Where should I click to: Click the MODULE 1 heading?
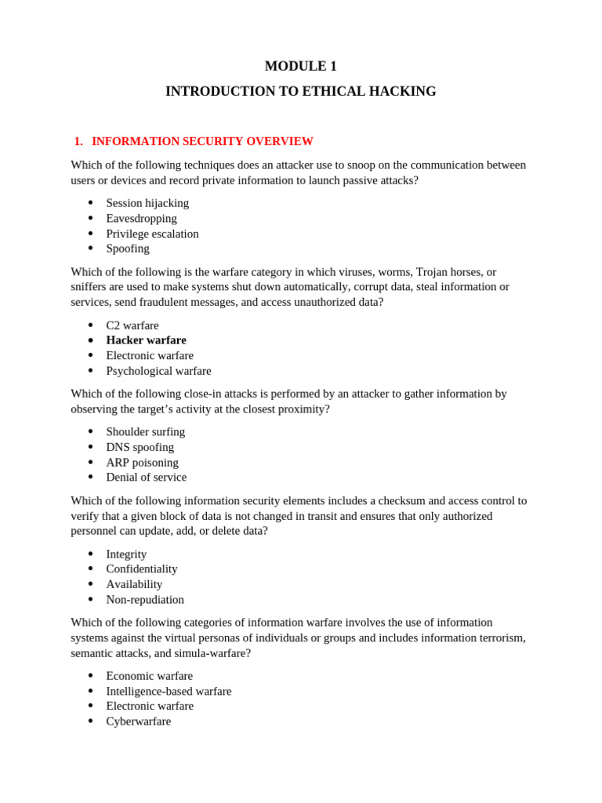[x=300, y=67]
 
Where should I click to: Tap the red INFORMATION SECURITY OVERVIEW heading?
[x=202, y=142]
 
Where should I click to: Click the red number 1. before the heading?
[x=78, y=142]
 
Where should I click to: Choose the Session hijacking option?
[x=147, y=203]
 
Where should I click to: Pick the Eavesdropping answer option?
[x=141, y=219]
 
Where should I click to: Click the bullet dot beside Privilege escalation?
[x=90, y=234]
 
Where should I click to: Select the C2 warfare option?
[x=132, y=325]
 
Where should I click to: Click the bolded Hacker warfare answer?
[x=146, y=340]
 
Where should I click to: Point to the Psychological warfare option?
[x=158, y=371]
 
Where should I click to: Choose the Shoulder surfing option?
[x=146, y=432]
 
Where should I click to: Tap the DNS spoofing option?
[x=140, y=447]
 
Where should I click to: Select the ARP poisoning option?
[x=142, y=463]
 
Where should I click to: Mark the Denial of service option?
[x=146, y=478]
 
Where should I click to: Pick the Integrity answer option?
[x=126, y=554]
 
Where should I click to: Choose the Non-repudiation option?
[x=145, y=600]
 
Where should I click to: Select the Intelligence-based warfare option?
[x=169, y=692]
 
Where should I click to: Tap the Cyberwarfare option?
[x=138, y=721]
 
